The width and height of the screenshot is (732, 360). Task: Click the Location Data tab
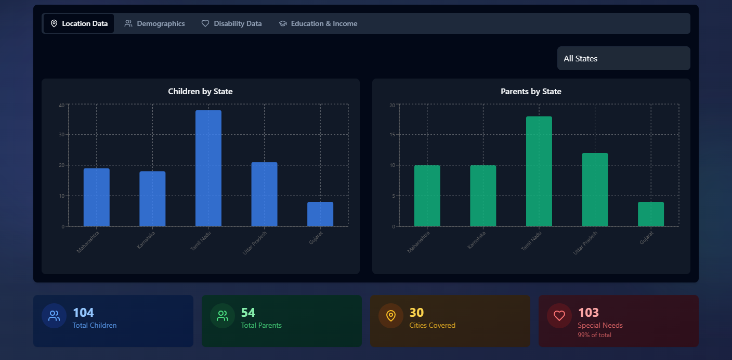pyautogui.click(x=79, y=23)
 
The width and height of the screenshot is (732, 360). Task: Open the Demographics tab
pyautogui.click(x=154, y=23)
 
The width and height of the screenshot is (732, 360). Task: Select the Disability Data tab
pyautogui.click(x=231, y=23)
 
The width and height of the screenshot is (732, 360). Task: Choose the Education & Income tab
pyautogui.click(x=318, y=23)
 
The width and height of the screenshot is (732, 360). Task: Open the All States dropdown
pyautogui.click(x=623, y=58)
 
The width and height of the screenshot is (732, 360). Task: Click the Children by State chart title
pyautogui.click(x=200, y=92)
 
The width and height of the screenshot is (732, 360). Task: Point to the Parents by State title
pyautogui.click(x=531, y=92)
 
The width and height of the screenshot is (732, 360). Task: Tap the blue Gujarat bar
pyautogui.click(x=320, y=214)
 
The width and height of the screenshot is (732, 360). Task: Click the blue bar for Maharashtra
pyautogui.click(x=97, y=197)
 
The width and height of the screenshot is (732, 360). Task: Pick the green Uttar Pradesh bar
pyautogui.click(x=595, y=189)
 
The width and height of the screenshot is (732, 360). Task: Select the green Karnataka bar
pyautogui.click(x=483, y=196)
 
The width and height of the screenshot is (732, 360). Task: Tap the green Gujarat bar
pyautogui.click(x=651, y=214)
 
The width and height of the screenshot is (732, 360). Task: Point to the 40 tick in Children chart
pyautogui.click(x=62, y=105)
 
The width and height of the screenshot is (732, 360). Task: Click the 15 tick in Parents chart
pyautogui.click(x=393, y=135)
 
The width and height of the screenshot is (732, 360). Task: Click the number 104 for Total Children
pyautogui.click(x=83, y=313)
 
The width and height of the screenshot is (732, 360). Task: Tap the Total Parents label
pyautogui.click(x=261, y=326)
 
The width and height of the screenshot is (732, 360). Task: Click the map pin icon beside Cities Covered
pyautogui.click(x=391, y=316)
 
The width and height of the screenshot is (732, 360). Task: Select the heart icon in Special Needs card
pyautogui.click(x=559, y=316)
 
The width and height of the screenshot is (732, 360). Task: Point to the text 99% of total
pyautogui.click(x=594, y=335)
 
